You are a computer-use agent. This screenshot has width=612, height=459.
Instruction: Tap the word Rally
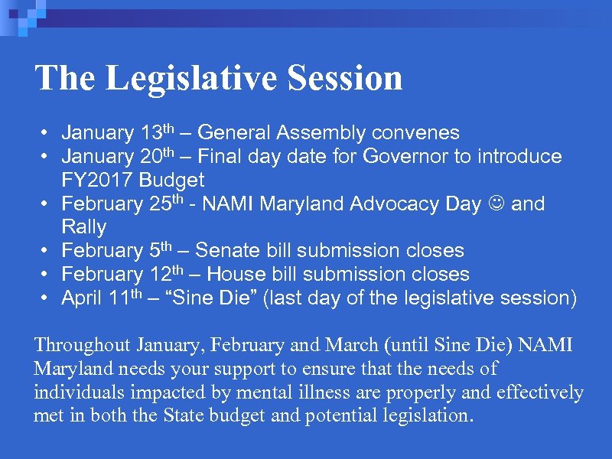[x=83, y=227]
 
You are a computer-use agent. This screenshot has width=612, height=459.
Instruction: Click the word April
[x=82, y=298]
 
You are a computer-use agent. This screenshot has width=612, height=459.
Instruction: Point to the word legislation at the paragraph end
[x=430, y=416]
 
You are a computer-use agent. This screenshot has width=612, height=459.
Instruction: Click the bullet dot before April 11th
[x=47, y=298]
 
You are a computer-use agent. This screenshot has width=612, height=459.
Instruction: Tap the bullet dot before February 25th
[x=47, y=204]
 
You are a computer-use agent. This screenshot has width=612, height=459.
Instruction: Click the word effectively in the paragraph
[x=539, y=392]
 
